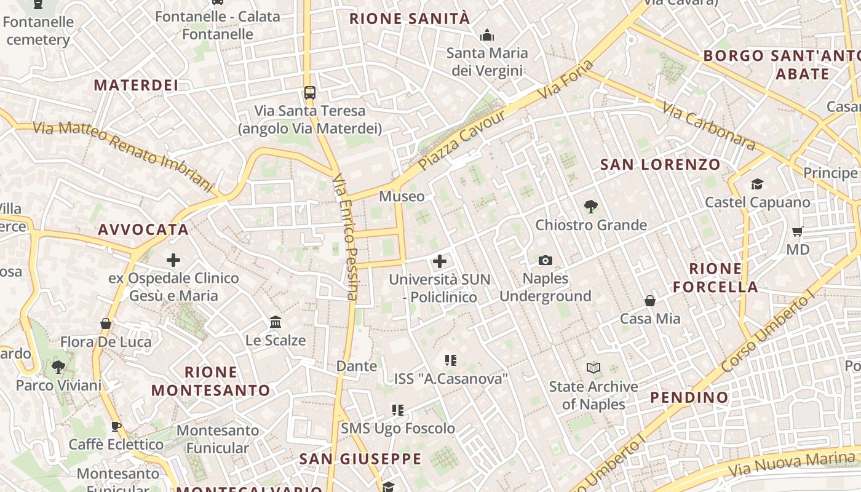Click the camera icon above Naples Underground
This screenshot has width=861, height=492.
point(545,261)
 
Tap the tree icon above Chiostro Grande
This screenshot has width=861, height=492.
point(590,207)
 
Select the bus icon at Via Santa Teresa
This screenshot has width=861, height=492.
point(310,93)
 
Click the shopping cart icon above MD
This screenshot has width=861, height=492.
point(798,232)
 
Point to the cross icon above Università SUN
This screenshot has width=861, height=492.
point(439,261)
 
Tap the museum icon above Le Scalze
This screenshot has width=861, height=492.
point(276,322)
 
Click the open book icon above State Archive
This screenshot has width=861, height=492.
point(593,368)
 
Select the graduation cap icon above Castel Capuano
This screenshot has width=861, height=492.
point(756,184)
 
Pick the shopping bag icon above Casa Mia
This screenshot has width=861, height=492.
point(650,301)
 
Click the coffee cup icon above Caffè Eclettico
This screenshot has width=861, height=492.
point(116,426)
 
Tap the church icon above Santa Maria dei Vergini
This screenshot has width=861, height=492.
point(487,35)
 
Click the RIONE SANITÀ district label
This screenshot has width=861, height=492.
point(410,18)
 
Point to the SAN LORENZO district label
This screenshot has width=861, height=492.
point(660,164)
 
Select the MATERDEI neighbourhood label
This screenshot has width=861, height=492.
point(136,85)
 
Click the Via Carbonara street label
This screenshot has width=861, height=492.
point(708,125)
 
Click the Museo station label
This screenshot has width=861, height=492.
point(402,196)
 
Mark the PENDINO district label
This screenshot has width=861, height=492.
point(689,397)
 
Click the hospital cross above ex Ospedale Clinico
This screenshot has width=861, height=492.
point(173,260)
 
